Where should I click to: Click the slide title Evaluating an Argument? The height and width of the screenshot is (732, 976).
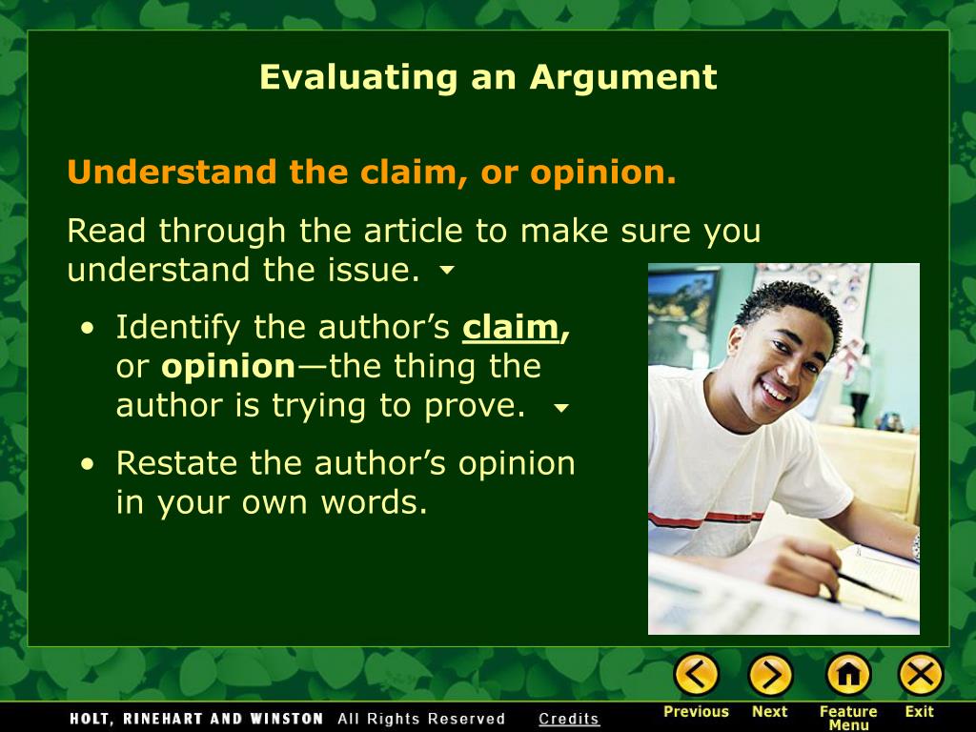tap(487, 77)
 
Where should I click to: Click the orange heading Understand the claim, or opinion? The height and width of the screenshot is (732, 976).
tap(372, 173)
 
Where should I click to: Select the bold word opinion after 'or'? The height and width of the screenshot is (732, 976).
tap(229, 366)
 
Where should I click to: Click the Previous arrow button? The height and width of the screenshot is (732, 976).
tap(696, 675)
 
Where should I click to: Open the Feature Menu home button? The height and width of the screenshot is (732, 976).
tap(847, 675)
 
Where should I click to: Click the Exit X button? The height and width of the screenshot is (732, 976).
tap(920, 675)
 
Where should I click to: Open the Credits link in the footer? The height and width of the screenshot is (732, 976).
tap(569, 719)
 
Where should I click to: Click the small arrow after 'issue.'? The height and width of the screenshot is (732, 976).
tap(447, 272)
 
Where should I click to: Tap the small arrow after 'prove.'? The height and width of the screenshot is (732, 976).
tap(561, 408)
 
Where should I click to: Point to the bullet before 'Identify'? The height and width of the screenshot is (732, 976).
tap(88, 328)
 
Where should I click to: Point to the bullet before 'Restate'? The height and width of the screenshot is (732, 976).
tap(88, 464)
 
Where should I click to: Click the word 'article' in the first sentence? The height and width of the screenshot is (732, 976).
tap(392, 231)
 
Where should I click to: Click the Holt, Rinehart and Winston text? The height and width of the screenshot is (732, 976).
tap(196, 719)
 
